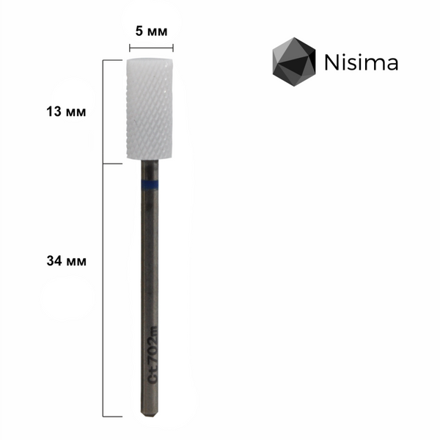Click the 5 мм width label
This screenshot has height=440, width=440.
151,31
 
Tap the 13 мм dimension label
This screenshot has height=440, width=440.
66,111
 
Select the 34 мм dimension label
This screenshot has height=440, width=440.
67,261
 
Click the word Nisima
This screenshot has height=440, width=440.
361,62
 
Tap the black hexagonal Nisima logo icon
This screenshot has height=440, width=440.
294,62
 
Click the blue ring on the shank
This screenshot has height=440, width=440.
150,184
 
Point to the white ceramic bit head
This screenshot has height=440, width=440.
149,109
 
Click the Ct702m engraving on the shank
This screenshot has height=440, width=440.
153,356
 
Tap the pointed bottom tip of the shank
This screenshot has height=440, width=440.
150,417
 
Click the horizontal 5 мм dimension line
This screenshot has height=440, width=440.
151,48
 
